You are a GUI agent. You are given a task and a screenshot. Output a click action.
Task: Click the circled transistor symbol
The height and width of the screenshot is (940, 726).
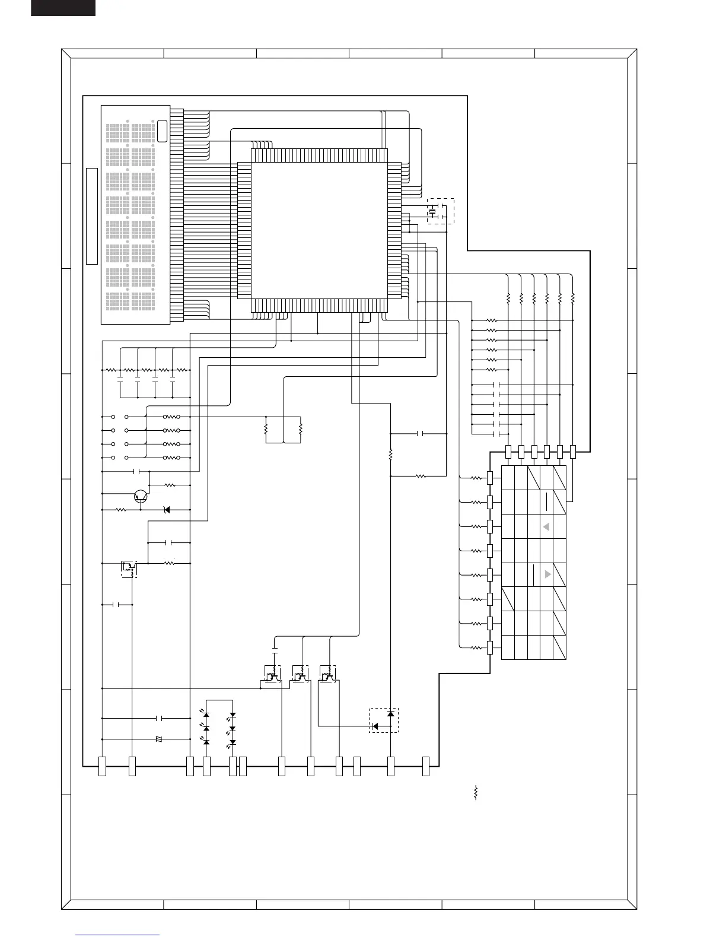coord(141,496)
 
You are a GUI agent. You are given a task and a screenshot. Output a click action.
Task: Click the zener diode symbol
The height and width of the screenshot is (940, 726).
coord(167,510)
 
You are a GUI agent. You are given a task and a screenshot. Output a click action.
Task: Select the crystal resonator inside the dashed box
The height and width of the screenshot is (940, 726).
coord(433,211)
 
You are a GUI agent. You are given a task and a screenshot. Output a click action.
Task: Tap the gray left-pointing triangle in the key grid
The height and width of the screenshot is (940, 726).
coord(546,527)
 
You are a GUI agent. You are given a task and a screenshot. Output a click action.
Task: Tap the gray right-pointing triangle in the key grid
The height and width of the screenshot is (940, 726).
coord(547,574)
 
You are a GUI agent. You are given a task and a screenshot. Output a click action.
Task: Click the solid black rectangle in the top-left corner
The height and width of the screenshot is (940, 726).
coord(63,7)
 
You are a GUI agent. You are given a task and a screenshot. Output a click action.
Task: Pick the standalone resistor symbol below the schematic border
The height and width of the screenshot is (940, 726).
coord(476,793)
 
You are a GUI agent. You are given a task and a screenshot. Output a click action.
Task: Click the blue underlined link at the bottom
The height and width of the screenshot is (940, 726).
coord(117,935)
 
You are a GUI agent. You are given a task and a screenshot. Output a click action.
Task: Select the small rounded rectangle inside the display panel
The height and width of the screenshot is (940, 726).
coord(162,131)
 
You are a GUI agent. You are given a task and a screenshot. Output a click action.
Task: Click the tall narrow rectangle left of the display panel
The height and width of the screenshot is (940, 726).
coord(91,216)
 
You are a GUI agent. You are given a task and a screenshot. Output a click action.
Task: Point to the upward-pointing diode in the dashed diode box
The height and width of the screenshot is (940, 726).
coord(390,713)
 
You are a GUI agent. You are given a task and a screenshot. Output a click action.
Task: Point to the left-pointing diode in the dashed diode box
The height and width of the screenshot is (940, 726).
coord(375,726)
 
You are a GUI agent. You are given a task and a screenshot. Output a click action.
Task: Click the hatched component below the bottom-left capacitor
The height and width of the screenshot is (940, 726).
coord(159,739)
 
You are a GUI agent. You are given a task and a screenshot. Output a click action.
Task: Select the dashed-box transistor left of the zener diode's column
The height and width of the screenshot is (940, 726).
coord(129,569)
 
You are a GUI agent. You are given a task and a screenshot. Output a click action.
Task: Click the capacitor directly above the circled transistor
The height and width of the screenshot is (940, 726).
coord(137,472)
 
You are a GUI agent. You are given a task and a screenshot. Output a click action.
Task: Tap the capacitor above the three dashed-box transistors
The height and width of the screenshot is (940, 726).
coord(275,644)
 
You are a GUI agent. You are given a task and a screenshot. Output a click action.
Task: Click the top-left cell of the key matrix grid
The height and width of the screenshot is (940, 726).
coord(514,478)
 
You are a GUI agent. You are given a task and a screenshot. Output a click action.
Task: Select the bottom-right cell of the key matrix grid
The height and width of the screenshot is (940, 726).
coord(559,647)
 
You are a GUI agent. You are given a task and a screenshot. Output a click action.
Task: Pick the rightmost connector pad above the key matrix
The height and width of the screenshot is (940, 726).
coord(572,452)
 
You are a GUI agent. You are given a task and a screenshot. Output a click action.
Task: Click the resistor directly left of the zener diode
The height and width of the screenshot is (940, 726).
coord(121,510)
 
